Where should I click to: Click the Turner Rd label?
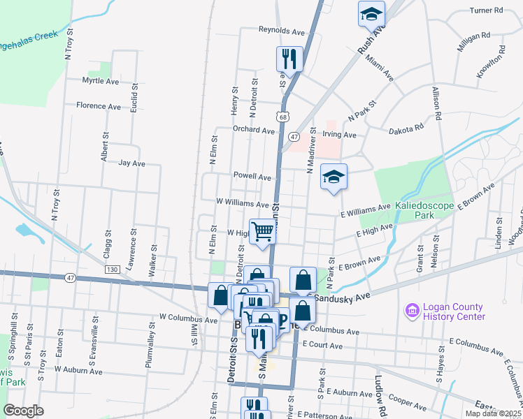[487, 10]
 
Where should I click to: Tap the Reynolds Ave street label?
[282, 31]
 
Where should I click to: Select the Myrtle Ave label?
[101, 81]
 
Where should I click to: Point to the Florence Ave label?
[99, 106]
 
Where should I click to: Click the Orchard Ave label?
[254, 130]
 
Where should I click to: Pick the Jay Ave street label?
[131, 163]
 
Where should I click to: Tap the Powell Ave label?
[252, 177]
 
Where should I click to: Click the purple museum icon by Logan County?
[410, 309]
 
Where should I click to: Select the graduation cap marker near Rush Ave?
[371, 13]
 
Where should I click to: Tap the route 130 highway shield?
[110, 269]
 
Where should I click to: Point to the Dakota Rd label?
[406, 128]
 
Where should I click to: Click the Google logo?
[23, 411]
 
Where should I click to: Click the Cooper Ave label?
[404, 401]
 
